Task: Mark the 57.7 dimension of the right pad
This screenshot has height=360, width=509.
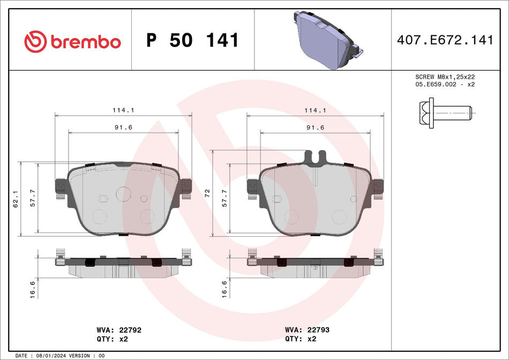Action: click(x=225, y=199)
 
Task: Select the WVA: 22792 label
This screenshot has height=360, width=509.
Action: click(x=118, y=331)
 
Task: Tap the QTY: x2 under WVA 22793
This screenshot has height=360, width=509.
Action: click(x=300, y=339)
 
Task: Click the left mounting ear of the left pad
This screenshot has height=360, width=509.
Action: click(x=59, y=186)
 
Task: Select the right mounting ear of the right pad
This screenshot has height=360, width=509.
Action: click(x=378, y=186)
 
